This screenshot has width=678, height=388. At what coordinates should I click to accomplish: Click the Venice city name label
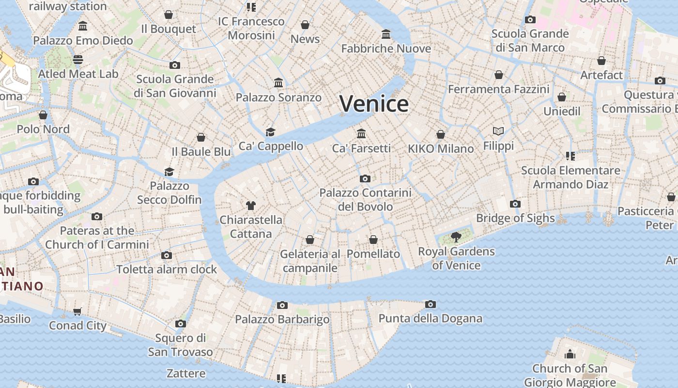pyautogui.click(x=374, y=104)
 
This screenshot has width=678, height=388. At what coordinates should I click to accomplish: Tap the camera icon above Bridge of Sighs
pyautogui.click(x=515, y=204)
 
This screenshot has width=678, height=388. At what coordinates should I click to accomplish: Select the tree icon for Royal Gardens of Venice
pyautogui.click(x=456, y=237)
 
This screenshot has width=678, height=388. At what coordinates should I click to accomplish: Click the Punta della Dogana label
pyautogui.click(x=430, y=319)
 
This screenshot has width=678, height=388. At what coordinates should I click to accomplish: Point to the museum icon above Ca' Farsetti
pyautogui.click(x=361, y=133)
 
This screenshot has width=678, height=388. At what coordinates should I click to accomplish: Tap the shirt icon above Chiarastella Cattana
pyautogui.click(x=250, y=206)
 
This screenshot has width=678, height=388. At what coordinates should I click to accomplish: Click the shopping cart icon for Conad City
pyautogui.click(x=77, y=311)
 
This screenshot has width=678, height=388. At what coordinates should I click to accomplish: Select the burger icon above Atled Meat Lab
pyautogui.click(x=78, y=60)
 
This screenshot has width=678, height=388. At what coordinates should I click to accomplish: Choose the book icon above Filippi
pyautogui.click(x=498, y=131)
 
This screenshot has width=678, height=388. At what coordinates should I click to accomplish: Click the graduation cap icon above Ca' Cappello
pyautogui.click(x=270, y=132)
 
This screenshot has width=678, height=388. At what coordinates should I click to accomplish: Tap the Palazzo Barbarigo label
pyautogui.click(x=282, y=319)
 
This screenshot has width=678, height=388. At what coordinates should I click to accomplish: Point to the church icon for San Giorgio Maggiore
pyautogui.click(x=570, y=354)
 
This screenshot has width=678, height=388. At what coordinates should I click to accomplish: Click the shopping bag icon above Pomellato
pyautogui.click(x=373, y=240)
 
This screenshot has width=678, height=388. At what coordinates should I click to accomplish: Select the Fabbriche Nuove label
pyautogui.click(x=386, y=48)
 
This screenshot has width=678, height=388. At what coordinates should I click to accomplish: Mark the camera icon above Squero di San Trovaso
pyautogui.click(x=181, y=323)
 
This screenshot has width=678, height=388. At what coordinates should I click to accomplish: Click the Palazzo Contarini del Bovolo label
pyautogui.click(x=365, y=199)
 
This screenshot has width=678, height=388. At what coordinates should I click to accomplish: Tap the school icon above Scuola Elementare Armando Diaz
pyautogui.click(x=570, y=156)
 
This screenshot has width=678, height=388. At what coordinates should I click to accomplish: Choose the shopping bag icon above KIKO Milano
pyautogui.click(x=441, y=134)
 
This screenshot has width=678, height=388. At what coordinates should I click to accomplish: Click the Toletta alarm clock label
pyautogui.click(x=167, y=269)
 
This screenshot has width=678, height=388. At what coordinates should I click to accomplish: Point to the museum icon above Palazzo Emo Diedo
pyautogui.click(x=83, y=26)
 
